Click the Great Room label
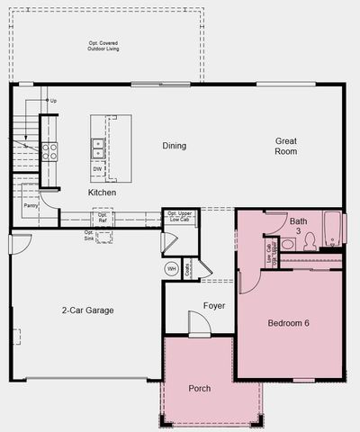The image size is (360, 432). click(287, 146)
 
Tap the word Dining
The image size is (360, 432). click(175, 146)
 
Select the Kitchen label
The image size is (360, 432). click(102, 193)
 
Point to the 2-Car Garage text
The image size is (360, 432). click(88, 310)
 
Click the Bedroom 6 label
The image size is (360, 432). click(290, 323)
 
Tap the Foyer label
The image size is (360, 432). click(214, 306)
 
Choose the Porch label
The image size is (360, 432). click(200, 389)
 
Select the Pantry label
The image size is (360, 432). click(29, 203)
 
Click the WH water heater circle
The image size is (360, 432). click(171, 269)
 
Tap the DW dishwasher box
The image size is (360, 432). click(97, 168)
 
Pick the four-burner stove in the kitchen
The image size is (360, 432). click(49, 151)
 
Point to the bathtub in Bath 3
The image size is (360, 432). click(333, 231)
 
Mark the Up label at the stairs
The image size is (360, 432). click(52, 100)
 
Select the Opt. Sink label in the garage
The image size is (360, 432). click(89, 236)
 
